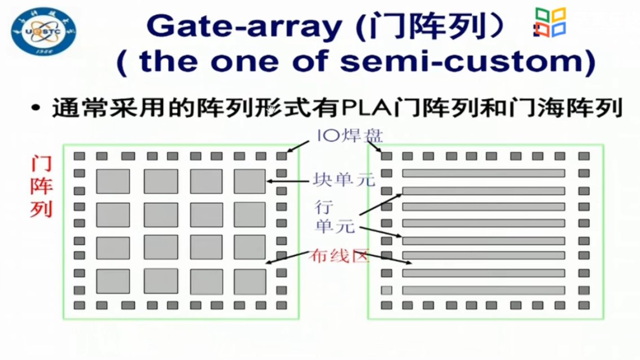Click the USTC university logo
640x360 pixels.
click(43, 32)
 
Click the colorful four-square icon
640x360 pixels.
click(550, 23)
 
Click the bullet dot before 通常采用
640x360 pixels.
click(37, 109)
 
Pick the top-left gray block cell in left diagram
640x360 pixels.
click(112, 181)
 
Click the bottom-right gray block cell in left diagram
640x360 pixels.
click(250, 281)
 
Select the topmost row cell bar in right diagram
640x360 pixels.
click(483, 173)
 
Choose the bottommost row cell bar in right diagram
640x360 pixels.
click(483, 291)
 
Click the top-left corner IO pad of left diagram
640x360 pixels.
click(80, 156)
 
